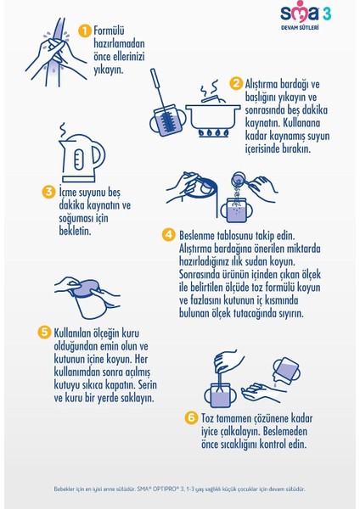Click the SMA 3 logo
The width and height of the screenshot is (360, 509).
click(306, 14)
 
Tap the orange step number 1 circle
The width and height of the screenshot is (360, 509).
click(85, 31)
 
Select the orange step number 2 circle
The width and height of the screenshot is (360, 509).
click(236, 84)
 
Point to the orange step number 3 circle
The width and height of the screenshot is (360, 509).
click(48, 192)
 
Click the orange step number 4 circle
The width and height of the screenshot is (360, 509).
click(169, 235)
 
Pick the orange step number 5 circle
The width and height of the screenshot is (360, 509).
click(44, 333)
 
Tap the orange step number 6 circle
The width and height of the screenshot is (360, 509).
click(191, 417)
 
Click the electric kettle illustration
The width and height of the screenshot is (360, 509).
click(82, 153)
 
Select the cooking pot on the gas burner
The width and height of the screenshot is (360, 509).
click(213, 112)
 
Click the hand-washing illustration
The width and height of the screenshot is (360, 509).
click(56, 52)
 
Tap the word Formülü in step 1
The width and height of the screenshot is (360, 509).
click(109, 31)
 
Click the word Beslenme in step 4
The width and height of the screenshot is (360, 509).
click(197, 235)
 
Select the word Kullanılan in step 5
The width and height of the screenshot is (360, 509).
click(72, 333)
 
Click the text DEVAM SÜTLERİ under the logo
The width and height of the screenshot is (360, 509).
click(300, 28)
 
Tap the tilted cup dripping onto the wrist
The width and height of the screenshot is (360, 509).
click(286, 371)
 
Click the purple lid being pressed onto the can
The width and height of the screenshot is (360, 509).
click(86, 288)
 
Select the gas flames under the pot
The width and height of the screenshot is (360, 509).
click(213, 133)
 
